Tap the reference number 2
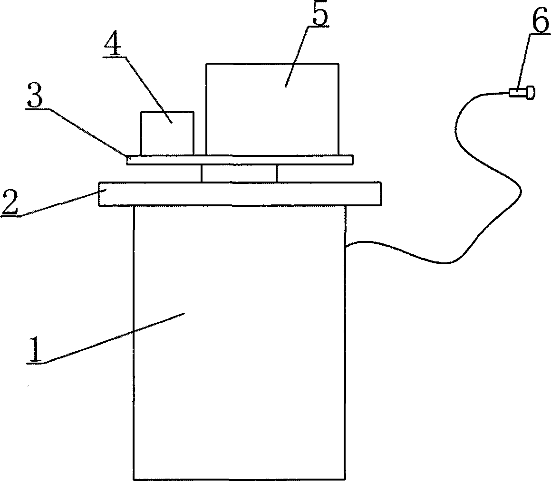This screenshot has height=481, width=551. (10, 202)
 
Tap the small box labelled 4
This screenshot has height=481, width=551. (167, 133)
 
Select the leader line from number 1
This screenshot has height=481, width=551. (114, 337)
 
